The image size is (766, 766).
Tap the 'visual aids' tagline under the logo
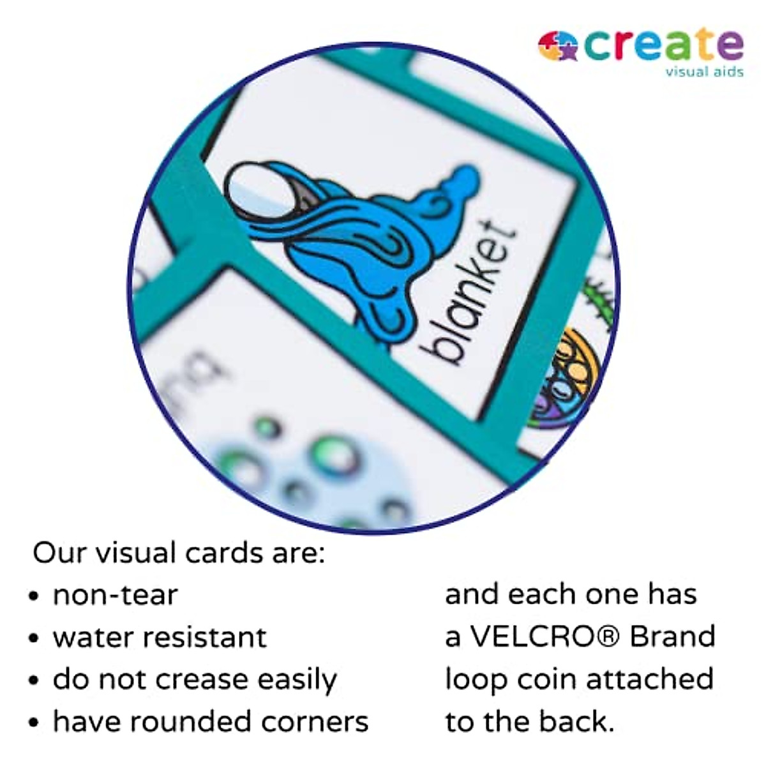(704, 71)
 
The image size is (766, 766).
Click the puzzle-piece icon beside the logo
(557, 46)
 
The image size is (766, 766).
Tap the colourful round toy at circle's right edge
(565, 377)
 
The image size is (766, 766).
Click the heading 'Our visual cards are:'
(179, 553)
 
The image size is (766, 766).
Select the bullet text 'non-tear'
(115, 595)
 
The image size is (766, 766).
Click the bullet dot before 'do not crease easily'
(34, 680)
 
